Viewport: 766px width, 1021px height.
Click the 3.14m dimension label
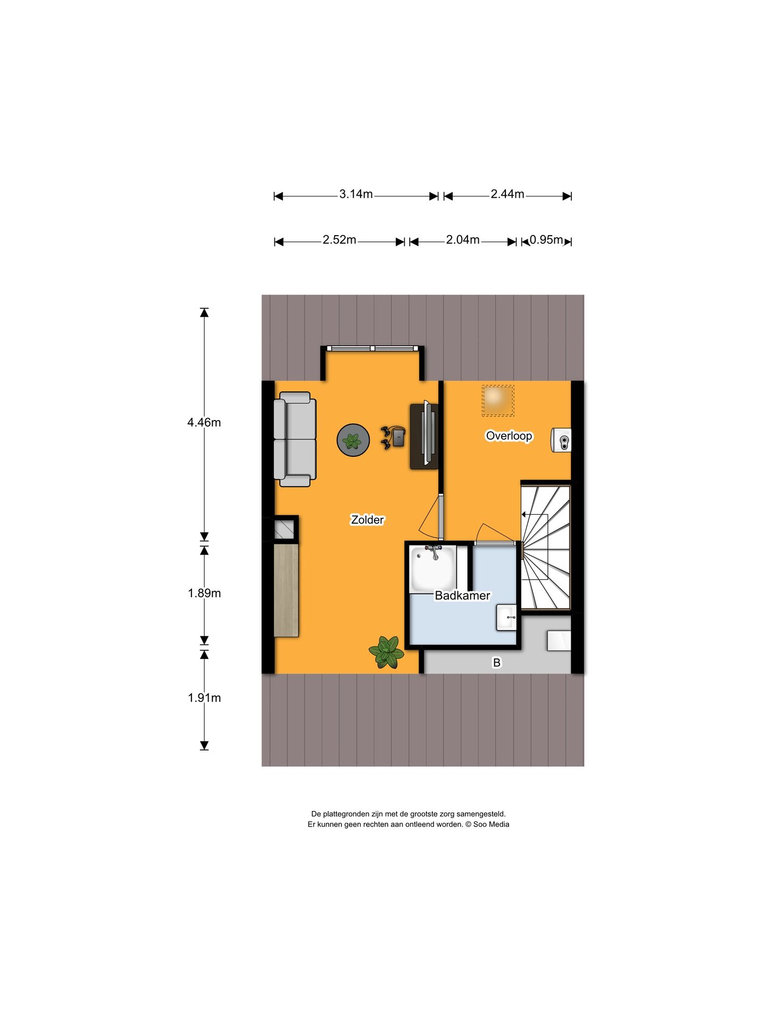tap(356, 195)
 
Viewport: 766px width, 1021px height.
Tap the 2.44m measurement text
tap(507, 195)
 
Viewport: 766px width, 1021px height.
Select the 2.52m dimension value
tap(339, 240)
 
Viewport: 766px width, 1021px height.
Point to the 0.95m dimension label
tap(546, 240)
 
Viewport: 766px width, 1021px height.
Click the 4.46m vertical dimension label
tap(204, 423)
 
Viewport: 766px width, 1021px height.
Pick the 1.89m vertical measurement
tap(204, 593)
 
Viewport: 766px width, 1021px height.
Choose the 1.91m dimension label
tap(204, 698)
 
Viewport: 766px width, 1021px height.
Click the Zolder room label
tap(367, 520)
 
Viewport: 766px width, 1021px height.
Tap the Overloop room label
tap(509, 436)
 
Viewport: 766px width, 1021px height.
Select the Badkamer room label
tap(462, 596)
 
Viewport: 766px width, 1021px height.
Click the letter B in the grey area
tap(497, 663)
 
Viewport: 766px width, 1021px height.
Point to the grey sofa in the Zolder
tap(295, 439)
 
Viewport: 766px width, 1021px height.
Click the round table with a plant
tap(353, 440)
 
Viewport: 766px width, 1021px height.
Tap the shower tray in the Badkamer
tap(432, 568)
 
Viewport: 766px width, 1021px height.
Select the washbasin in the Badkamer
tap(506, 618)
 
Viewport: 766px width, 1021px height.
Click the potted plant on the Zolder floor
tap(387, 652)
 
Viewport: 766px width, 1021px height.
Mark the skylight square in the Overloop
tap(498, 401)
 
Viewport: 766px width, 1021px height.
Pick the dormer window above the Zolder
tap(372, 348)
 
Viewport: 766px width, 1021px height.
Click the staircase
tap(546, 546)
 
